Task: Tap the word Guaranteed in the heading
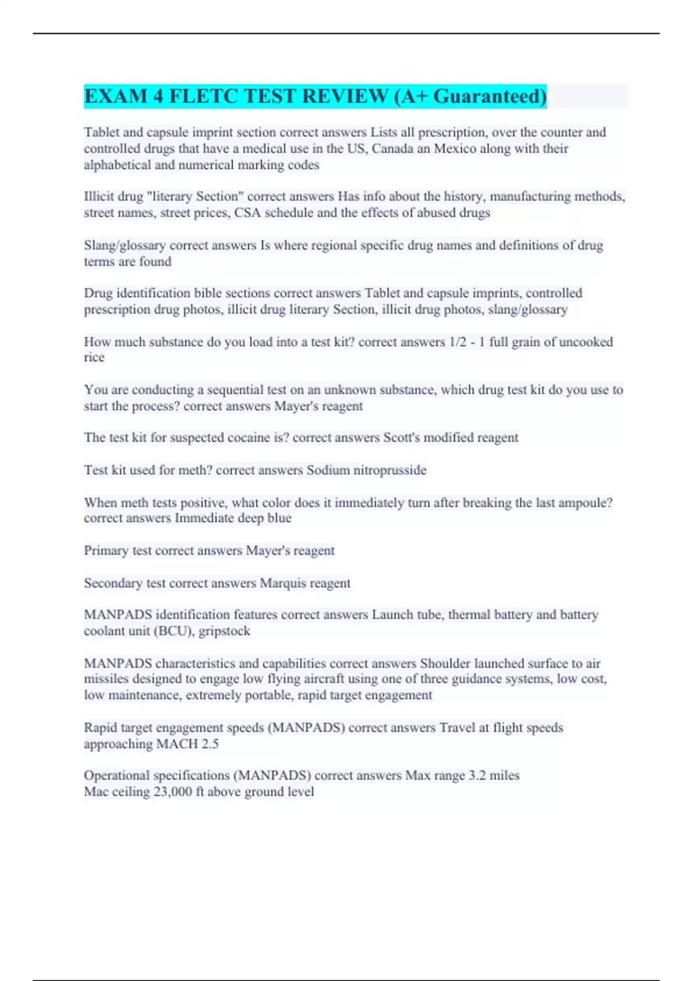489,96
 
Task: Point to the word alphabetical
117,165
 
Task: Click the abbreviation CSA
247,213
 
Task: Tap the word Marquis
282,583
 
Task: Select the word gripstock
224,631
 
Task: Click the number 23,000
172,792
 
